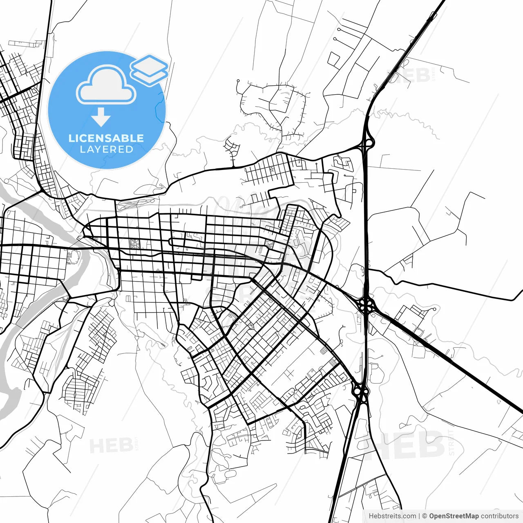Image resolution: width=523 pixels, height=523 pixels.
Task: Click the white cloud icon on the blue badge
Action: (106, 86)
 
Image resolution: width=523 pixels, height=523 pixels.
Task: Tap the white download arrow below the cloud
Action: (101, 117)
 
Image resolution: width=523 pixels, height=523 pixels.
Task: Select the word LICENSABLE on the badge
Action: (106, 138)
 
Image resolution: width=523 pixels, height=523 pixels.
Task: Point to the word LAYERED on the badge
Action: (106, 150)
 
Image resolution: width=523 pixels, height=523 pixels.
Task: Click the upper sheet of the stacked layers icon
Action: (149, 64)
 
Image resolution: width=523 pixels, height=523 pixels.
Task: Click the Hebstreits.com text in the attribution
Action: (392, 516)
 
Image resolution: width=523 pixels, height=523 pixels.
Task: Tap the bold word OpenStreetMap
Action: (454, 516)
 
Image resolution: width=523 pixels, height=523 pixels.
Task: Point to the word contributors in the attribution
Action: (499, 516)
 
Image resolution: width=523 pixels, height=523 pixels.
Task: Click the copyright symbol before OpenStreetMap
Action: (425, 516)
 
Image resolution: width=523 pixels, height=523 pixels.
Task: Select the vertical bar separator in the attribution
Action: (419, 516)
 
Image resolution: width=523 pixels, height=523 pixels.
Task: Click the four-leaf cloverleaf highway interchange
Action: (367, 305)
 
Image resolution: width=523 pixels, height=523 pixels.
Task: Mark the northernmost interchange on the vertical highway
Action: (366, 142)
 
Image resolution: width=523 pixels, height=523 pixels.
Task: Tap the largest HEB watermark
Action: (409, 444)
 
